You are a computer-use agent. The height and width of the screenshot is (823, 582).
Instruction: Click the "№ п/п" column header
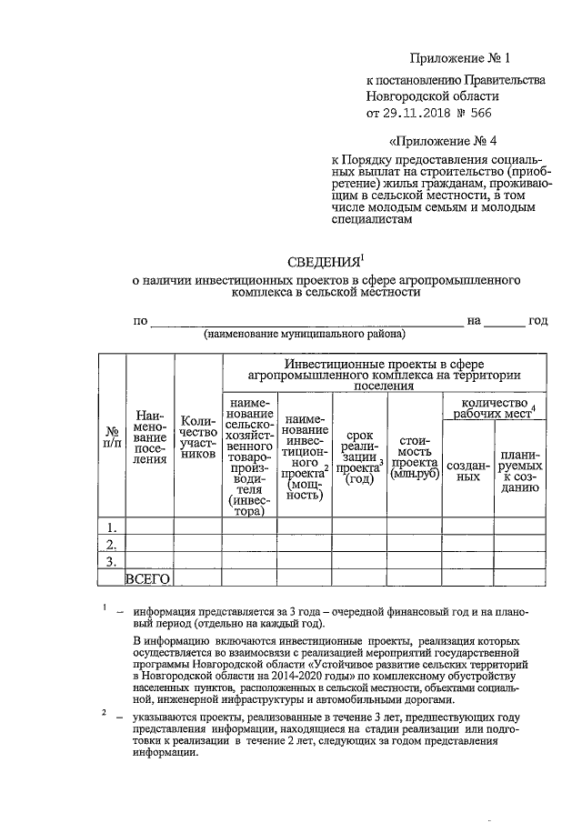point(111,436)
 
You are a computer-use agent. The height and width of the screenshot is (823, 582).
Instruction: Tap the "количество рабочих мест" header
point(494,407)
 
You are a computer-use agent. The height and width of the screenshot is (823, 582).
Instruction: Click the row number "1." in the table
point(111,527)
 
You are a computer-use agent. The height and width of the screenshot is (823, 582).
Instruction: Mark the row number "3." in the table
point(111,561)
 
